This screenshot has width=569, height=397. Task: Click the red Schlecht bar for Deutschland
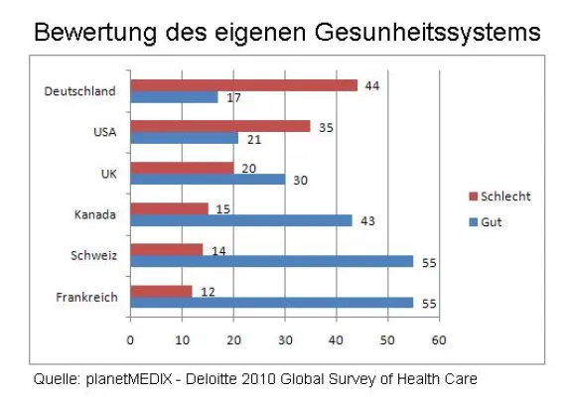243,85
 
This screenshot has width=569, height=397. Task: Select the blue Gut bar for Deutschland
174,97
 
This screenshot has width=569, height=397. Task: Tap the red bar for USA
220,126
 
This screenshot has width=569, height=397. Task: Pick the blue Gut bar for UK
208,180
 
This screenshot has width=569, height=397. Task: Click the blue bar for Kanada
241,220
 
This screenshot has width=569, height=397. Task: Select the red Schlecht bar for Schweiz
167,249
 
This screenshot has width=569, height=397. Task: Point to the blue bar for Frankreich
272,302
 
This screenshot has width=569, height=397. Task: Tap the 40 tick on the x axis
336,338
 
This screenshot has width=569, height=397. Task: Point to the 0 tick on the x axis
130,338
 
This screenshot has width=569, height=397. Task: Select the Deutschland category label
80,91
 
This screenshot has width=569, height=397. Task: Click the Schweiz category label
94,255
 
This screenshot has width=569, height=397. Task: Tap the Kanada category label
95,214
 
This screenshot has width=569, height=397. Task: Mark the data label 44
371,85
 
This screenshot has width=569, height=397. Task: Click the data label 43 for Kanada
366,220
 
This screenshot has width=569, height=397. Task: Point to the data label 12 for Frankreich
206,290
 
